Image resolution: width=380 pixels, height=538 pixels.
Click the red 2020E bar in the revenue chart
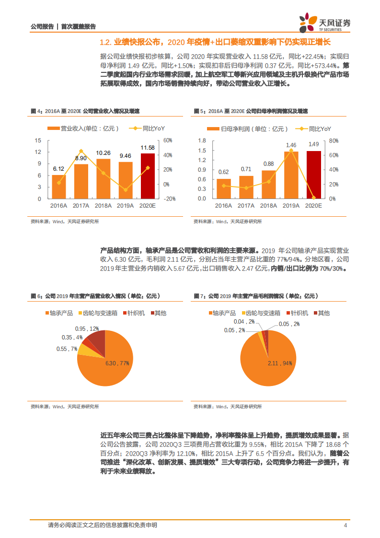[148, 175]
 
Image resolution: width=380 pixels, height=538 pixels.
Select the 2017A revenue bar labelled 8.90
[81, 181]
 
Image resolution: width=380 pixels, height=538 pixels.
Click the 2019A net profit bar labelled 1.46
[291, 175]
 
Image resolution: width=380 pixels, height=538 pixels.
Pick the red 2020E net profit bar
[313, 175]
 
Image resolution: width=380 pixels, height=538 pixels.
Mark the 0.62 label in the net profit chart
[223, 172]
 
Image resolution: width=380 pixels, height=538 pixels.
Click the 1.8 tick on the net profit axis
[202, 140]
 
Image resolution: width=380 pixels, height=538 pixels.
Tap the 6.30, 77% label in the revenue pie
[117, 363]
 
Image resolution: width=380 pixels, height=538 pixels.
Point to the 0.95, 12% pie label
[87, 328]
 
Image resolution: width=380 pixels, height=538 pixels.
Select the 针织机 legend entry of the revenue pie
[133, 313]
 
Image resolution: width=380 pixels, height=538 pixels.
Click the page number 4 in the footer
[345, 525]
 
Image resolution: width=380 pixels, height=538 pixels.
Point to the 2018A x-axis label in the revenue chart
[104, 205]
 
